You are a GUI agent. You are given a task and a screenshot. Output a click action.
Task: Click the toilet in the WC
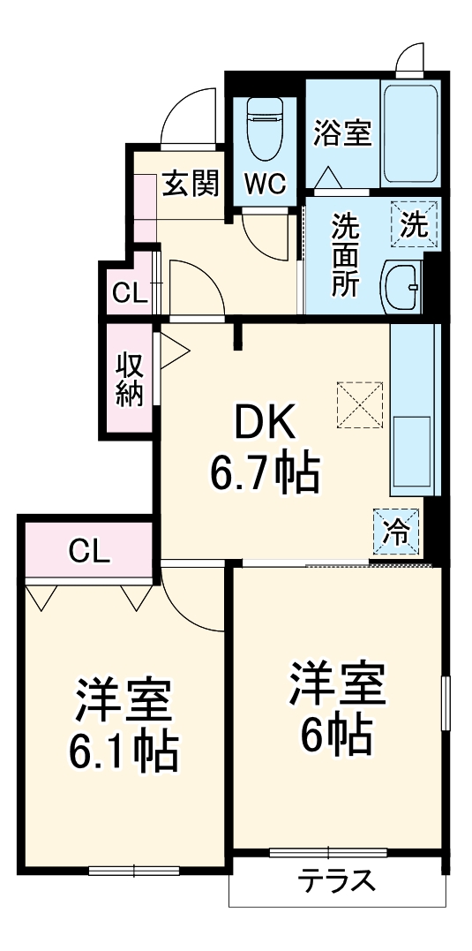[x=264, y=124]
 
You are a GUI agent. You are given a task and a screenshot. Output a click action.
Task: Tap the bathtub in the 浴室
[x=409, y=133]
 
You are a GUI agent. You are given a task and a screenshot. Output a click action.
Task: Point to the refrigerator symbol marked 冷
[x=396, y=531]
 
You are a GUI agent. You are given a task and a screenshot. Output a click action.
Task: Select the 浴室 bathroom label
[x=342, y=134]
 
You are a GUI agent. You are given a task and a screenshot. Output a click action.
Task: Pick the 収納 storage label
[x=129, y=381]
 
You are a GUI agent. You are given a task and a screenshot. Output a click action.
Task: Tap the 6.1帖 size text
[x=124, y=750]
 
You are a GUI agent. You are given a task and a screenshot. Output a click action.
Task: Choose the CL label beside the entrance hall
[x=129, y=293]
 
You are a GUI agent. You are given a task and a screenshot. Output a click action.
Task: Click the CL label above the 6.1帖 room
[x=89, y=553]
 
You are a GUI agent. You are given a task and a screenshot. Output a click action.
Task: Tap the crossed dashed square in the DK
[x=359, y=404]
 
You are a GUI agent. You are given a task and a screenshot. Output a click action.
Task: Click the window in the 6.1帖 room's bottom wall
[x=133, y=871]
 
